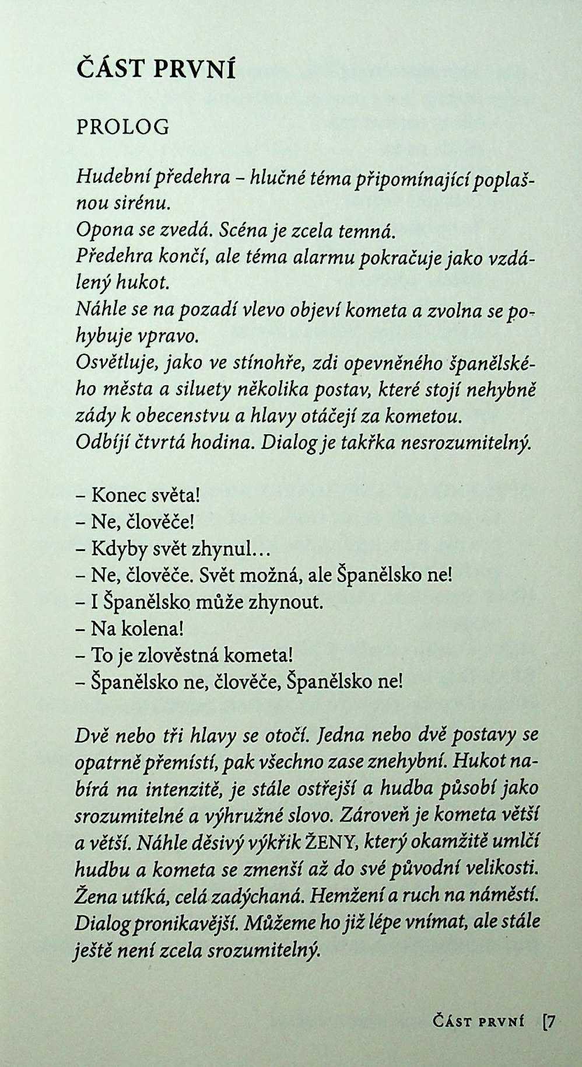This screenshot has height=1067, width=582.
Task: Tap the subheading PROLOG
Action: pos(122,127)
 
